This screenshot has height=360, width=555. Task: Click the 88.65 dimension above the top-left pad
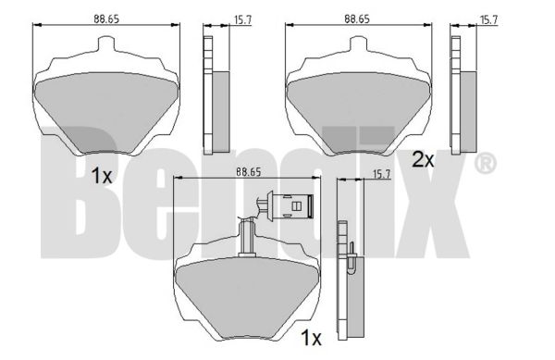[106, 19]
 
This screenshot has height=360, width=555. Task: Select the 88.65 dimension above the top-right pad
[357, 19]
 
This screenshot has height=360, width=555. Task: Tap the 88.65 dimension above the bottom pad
[249, 172]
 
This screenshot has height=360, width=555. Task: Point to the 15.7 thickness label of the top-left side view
[242, 19]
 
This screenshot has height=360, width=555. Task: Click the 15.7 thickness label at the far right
[488, 19]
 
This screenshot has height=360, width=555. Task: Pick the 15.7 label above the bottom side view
[381, 174]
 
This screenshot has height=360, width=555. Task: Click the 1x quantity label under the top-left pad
[102, 176]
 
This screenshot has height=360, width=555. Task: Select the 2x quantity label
[423, 160]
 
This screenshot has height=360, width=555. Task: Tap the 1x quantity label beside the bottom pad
[311, 338]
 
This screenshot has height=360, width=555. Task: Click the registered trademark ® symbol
[486, 163]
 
